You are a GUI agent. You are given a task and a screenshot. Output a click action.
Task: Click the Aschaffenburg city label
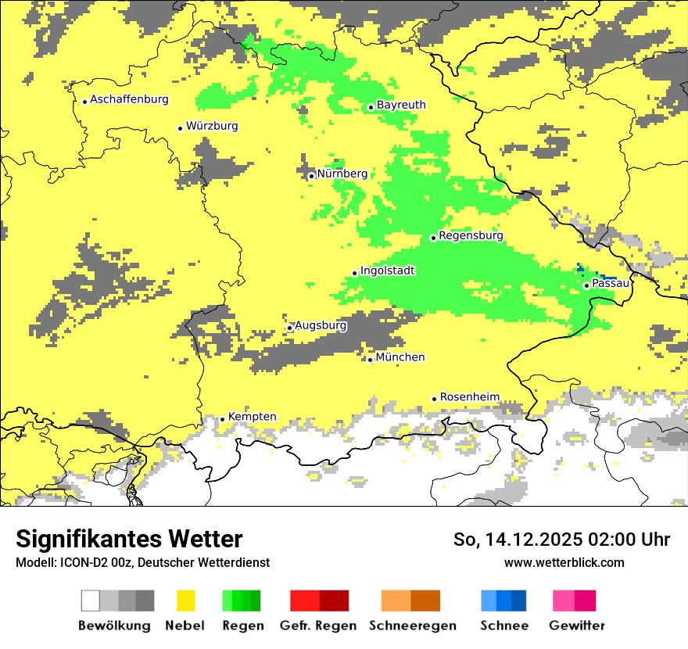[129, 99]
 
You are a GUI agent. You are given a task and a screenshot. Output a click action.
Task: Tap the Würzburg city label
[212, 126]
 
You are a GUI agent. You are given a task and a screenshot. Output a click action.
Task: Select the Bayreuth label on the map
[401, 105]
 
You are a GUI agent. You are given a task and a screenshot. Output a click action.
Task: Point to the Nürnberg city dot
[311, 176]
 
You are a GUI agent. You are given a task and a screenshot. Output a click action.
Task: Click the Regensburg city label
[471, 235]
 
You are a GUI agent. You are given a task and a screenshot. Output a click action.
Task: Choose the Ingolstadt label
[387, 271]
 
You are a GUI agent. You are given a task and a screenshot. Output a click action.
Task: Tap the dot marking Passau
[586, 286]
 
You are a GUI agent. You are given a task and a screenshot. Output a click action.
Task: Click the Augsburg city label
[321, 325]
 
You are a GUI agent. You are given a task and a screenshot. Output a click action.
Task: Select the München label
[400, 357]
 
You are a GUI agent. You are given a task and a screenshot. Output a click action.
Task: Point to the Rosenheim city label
[469, 397]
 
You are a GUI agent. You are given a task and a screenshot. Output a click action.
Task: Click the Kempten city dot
[222, 419]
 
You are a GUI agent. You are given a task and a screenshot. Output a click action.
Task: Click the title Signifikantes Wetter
[129, 540]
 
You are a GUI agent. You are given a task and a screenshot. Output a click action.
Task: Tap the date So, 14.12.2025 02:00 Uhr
[561, 540]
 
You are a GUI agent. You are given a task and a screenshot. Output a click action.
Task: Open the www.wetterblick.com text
[564, 563]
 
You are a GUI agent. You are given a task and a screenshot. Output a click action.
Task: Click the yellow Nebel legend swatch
[185, 601]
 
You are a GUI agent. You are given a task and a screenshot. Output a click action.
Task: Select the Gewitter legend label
[577, 626]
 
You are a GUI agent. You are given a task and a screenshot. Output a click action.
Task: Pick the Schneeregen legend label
[412, 626]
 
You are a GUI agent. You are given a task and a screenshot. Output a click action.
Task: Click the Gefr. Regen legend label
[317, 626]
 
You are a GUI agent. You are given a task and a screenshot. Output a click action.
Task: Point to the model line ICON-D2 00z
[142, 563]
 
